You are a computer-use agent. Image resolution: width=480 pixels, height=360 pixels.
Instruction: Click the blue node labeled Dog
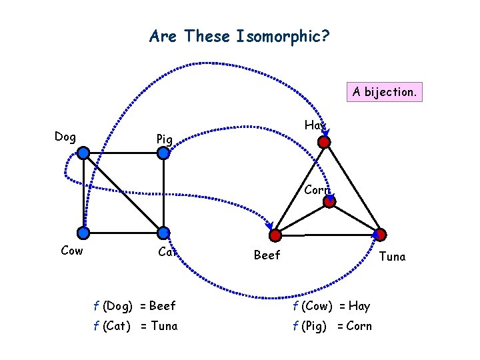(83, 153)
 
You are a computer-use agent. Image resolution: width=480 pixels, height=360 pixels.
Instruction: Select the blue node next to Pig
(163, 153)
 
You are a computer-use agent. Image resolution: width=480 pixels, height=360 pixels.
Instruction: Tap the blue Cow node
(83, 233)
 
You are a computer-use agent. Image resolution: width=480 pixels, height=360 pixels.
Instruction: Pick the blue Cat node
(163, 233)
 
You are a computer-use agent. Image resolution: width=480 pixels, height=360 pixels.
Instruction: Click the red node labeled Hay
(324, 142)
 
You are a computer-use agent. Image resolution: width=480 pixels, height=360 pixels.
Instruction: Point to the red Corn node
(329, 202)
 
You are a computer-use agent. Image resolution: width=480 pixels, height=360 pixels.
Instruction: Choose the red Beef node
(275, 234)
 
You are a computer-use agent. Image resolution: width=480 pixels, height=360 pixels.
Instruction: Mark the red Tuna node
(379, 234)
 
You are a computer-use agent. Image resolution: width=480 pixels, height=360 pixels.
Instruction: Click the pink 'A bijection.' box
(385, 91)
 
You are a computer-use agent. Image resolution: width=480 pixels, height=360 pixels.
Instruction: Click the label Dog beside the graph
(65, 137)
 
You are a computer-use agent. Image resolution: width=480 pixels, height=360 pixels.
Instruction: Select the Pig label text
(164, 139)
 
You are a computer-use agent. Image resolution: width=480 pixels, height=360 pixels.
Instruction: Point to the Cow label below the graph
(71, 251)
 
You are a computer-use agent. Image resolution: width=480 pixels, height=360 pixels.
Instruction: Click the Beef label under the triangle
(267, 255)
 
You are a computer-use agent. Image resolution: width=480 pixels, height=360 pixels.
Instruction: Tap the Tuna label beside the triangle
(392, 256)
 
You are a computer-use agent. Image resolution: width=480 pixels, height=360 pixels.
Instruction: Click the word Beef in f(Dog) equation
(163, 306)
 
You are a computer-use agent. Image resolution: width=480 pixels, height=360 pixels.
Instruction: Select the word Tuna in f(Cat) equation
(164, 326)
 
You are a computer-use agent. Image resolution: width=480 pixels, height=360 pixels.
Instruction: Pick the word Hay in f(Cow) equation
(359, 306)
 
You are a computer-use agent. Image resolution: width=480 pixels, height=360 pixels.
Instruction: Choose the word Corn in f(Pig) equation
(360, 326)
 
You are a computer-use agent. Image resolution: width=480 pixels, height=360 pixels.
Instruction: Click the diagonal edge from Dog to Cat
(123, 193)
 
